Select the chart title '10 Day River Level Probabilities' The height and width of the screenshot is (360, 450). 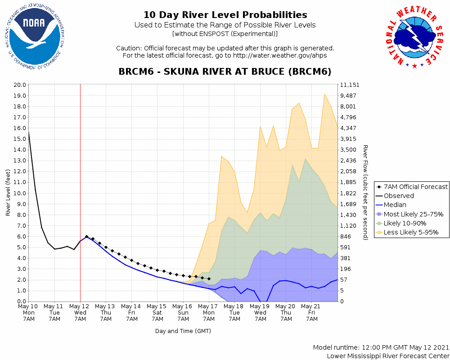225,15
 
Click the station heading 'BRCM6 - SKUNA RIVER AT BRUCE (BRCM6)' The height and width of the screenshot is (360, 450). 225,72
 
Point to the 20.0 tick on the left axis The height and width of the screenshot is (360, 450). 20,85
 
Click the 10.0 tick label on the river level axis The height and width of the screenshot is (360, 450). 20,193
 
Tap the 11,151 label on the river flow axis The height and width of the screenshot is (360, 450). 349,85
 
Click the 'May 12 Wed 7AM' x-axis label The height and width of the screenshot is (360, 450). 80,312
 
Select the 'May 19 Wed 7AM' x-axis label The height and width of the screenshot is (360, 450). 260,312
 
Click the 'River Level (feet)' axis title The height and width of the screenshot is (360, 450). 8,193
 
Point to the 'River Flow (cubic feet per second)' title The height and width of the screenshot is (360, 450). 365,193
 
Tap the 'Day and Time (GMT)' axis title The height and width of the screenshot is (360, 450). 183,331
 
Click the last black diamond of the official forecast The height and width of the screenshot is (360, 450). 209,279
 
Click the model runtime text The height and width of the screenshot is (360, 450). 381,347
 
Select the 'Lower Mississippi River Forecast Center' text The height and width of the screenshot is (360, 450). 388,356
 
